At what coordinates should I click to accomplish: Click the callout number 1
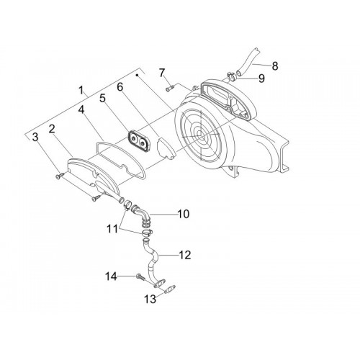click(x=81, y=91)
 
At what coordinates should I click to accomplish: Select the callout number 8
click(x=275, y=66)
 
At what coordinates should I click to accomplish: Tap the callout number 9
click(x=261, y=78)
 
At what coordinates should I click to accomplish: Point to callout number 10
click(x=184, y=214)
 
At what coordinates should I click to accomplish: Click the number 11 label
click(x=112, y=229)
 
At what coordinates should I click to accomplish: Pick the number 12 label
click(x=184, y=255)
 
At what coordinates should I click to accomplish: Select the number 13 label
click(x=150, y=299)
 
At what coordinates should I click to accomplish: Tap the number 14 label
click(x=111, y=276)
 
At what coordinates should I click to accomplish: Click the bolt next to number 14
click(x=140, y=277)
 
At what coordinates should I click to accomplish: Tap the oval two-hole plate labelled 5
click(x=138, y=142)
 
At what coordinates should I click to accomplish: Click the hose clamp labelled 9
click(x=232, y=76)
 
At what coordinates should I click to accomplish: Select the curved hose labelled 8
click(x=248, y=62)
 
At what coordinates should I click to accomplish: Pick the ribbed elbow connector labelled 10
click(x=142, y=215)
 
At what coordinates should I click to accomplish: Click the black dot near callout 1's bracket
click(x=138, y=76)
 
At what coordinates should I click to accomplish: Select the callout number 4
click(x=81, y=110)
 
